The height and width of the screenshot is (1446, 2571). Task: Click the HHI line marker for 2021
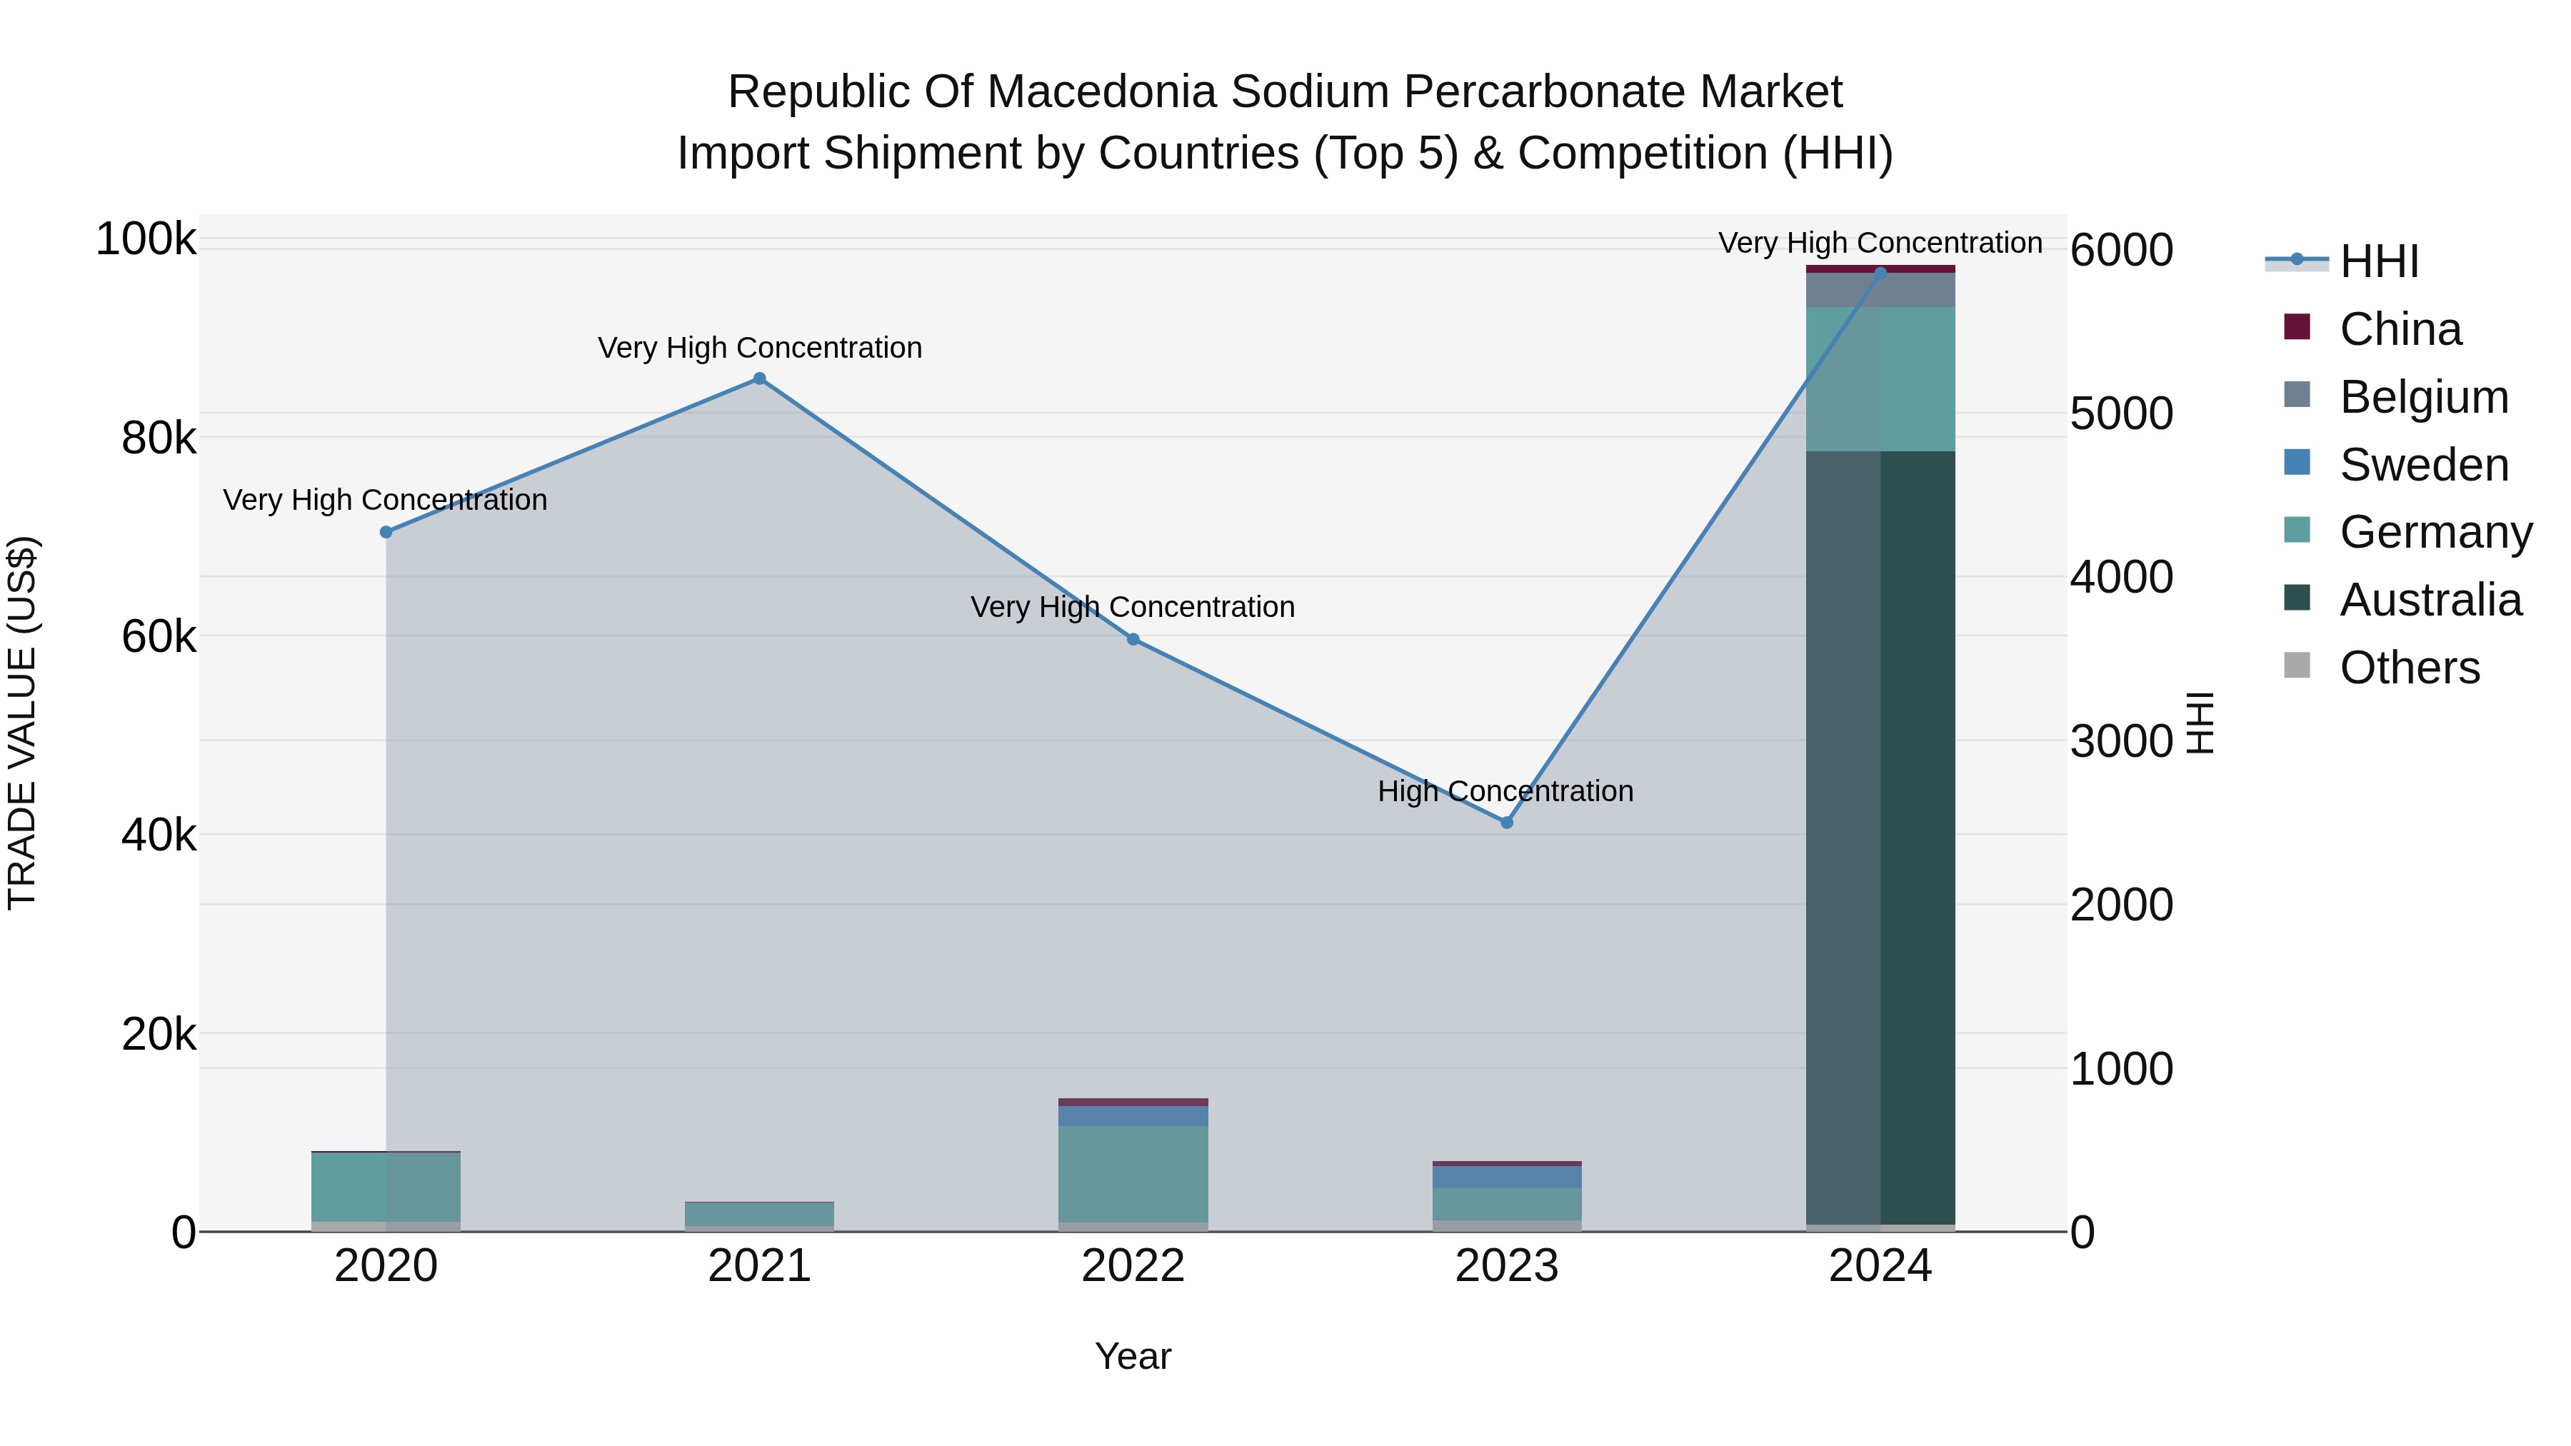coord(760,378)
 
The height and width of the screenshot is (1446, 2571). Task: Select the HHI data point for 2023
coord(1507,823)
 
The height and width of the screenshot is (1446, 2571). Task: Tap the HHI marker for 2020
coord(386,532)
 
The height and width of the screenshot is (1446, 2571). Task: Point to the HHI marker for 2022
coord(1133,638)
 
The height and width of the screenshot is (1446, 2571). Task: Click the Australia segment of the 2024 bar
coord(1880,838)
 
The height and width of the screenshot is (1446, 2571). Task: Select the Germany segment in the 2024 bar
coord(1880,379)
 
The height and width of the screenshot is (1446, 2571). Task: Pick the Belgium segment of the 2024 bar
coord(1880,289)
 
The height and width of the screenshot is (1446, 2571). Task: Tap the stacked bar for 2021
coord(760,1215)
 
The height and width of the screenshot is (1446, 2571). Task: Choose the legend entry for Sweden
coord(2423,465)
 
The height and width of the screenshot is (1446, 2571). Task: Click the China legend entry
coord(2400,329)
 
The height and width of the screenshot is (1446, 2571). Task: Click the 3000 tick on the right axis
coord(2121,741)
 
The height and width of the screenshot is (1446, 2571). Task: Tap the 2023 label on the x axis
coord(1506,1266)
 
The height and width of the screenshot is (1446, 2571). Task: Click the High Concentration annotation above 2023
coord(1505,791)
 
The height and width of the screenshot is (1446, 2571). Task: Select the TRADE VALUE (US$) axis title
coord(22,723)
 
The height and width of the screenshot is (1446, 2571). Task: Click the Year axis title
coord(1133,1356)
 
